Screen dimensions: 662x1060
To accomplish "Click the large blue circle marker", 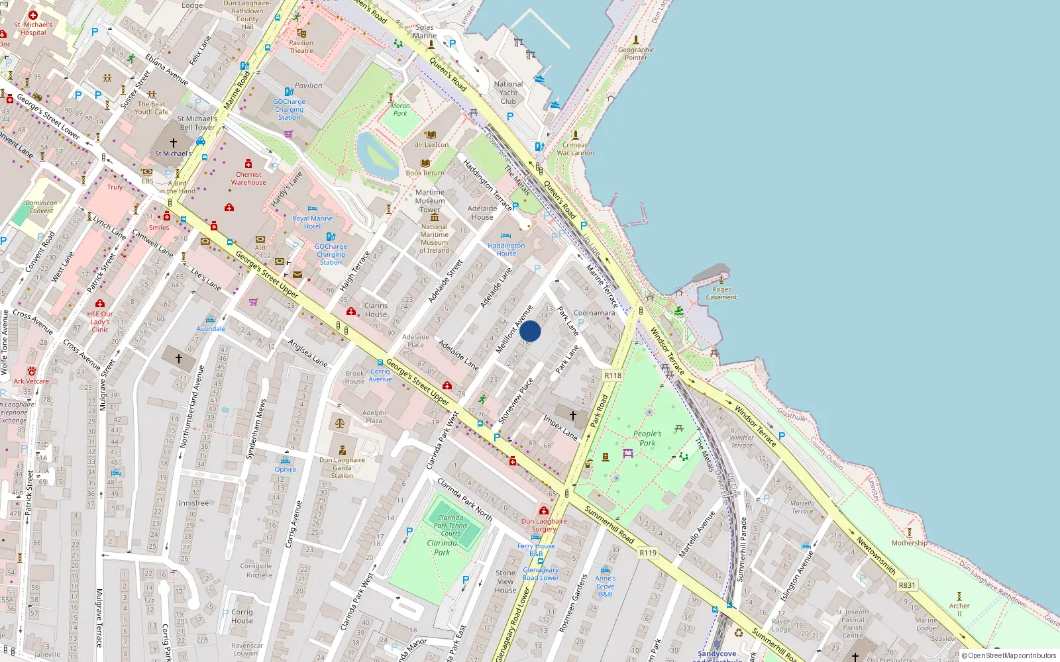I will [530, 331].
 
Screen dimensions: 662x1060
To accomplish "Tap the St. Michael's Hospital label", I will [33, 28].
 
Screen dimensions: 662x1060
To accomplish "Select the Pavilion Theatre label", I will [301, 46].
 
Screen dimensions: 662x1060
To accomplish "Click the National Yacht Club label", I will [508, 93].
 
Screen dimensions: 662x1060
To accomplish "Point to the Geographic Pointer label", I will [636, 54].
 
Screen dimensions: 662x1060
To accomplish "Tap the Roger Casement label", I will [721, 293].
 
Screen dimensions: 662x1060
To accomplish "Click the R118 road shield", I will [613, 375].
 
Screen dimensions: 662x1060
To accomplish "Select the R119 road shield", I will [648, 553].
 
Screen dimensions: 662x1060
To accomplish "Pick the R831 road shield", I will [907, 585].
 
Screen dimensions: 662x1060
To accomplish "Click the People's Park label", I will [647, 438].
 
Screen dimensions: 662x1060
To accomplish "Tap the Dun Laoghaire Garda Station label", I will [342, 467].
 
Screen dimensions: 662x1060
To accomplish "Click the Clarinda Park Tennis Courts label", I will [450, 526].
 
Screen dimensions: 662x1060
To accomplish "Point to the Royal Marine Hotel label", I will [312, 222].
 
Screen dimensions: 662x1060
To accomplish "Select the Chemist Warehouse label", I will [248, 178].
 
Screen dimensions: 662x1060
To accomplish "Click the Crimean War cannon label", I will [575, 149].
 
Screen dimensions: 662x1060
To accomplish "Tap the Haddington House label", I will [506, 249].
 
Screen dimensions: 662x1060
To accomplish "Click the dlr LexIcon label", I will [431, 144].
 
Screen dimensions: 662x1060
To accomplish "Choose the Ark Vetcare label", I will [31, 381].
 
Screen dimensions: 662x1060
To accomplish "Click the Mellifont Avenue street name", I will [515, 328].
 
